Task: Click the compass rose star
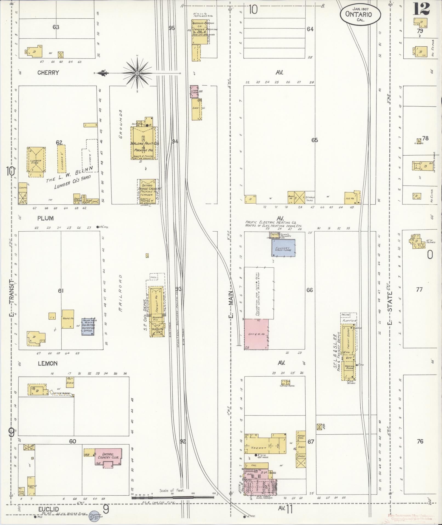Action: tap(137, 73)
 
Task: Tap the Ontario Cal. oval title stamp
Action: tap(360, 15)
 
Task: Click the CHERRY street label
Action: tap(48, 73)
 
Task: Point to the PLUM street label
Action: tap(45, 218)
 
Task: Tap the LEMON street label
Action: tap(48, 363)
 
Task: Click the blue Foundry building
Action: tap(283, 248)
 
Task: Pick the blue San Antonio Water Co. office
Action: tap(88, 326)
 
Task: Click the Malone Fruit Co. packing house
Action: tap(144, 144)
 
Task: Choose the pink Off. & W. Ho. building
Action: tap(256, 334)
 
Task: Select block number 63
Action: tap(56, 27)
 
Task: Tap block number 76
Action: tap(420, 441)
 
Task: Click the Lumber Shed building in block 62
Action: tap(36, 162)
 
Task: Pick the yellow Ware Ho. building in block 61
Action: tap(68, 319)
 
